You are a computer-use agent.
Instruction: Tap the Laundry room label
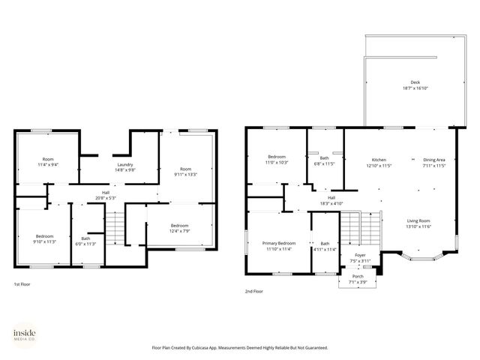pos(125,165)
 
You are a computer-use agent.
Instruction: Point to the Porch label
pos(358,276)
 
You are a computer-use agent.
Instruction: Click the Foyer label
pos(361,255)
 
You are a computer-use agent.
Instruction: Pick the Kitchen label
pos(379,160)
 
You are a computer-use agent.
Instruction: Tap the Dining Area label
pos(433,160)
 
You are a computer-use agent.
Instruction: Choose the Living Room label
pos(418,220)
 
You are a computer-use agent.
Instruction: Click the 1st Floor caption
pos(22,285)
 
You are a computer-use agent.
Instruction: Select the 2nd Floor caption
pos(254,291)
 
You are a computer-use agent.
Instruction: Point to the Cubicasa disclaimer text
pos(240,348)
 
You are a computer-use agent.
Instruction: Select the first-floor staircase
pos(114,226)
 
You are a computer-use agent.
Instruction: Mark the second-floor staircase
pos(361,225)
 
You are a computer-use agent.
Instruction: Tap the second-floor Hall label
pos(331,197)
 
